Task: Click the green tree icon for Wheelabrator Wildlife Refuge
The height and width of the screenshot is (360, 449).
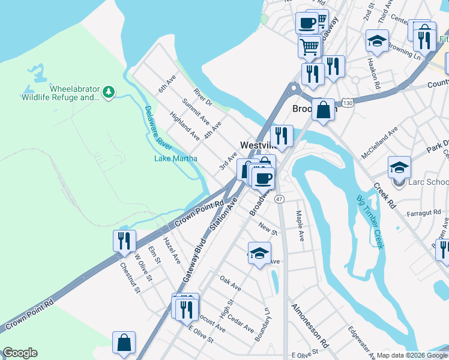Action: pos(108,92)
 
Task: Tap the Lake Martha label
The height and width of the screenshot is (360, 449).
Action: pos(172,158)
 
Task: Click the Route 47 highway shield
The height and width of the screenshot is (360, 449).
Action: pos(279,199)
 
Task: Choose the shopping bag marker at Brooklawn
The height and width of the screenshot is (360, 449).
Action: pos(323,110)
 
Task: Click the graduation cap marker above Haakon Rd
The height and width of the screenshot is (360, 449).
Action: pos(376,41)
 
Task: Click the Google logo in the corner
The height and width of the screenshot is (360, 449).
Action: pos(20,353)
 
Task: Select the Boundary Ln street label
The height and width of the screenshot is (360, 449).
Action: pos(262,325)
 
